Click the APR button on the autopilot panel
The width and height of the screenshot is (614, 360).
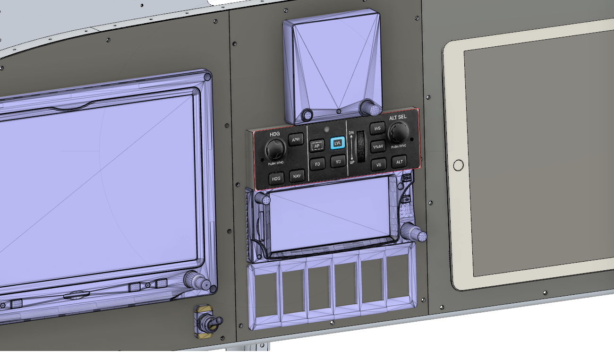point(296,139)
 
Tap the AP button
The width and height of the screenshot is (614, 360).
point(317,146)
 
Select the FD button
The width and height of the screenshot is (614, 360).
point(317,164)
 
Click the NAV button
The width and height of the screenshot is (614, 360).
point(297,176)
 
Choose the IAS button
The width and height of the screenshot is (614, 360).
point(377,129)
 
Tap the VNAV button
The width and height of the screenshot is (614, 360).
point(378,146)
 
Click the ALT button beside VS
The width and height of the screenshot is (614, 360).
point(400,162)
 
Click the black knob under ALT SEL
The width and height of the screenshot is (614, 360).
point(399,132)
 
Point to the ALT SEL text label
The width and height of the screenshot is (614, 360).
point(398,117)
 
